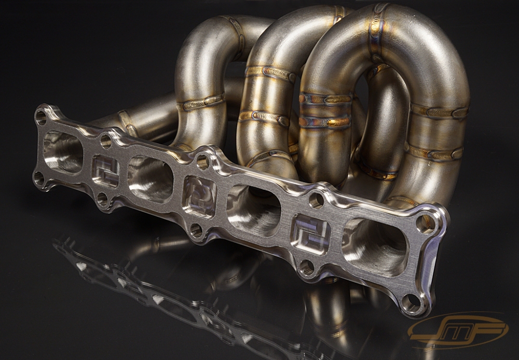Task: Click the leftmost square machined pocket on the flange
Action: click(x=105, y=171)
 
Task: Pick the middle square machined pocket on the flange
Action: click(x=200, y=197)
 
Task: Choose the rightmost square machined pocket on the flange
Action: click(x=310, y=233)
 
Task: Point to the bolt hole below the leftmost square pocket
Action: click(x=102, y=199)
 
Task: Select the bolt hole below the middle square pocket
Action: click(x=196, y=230)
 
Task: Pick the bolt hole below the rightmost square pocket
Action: click(x=306, y=268)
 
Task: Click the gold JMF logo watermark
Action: click(x=457, y=329)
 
